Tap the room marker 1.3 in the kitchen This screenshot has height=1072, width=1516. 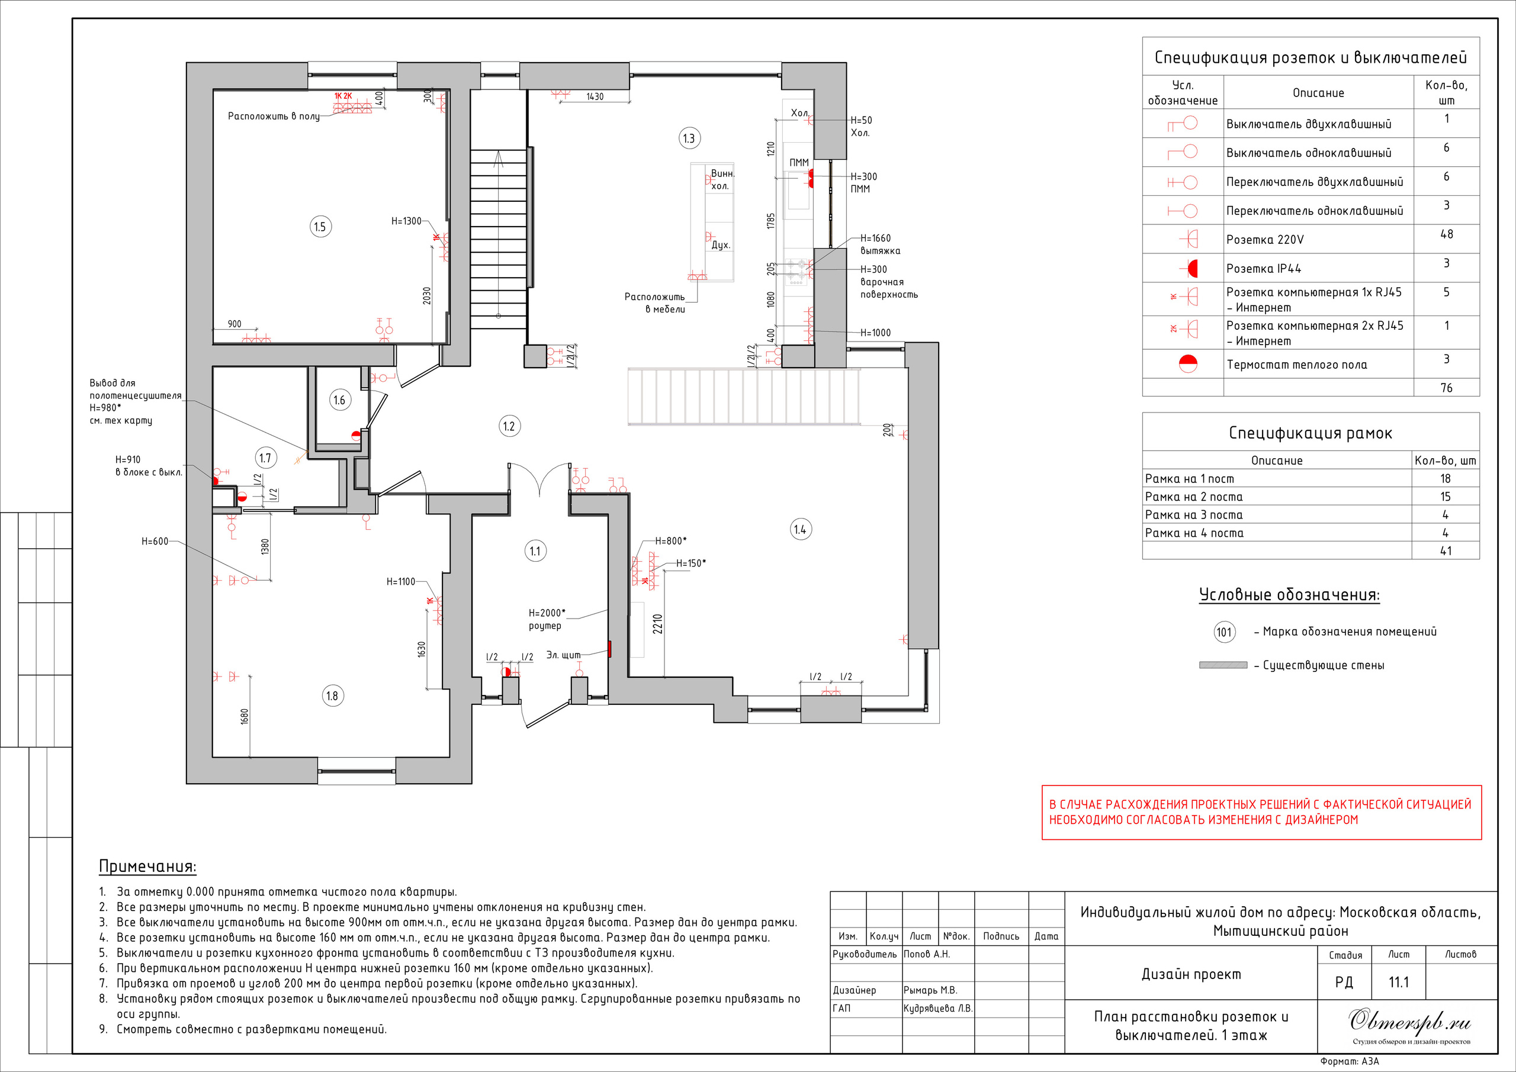click(689, 139)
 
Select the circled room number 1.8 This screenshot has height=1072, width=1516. click(333, 696)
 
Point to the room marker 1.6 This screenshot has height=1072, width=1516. click(339, 400)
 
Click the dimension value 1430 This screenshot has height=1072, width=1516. click(595, 96)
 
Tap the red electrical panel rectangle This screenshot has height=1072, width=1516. click(610, 649)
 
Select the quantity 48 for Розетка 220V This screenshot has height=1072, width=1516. click(1446, 234)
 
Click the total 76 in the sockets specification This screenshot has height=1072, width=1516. click(1446, 388)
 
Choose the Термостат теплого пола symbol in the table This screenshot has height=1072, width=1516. click(1188, 363)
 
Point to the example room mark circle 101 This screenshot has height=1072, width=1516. click(1224, 632)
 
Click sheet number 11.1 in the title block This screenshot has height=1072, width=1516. click(1399, 982)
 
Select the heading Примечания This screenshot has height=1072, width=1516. click(147, 866)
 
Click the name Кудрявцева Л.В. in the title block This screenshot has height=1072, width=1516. click(937, 1009)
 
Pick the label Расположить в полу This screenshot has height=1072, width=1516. click(274, 116)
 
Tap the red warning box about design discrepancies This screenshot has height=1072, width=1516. click(1261, 813)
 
